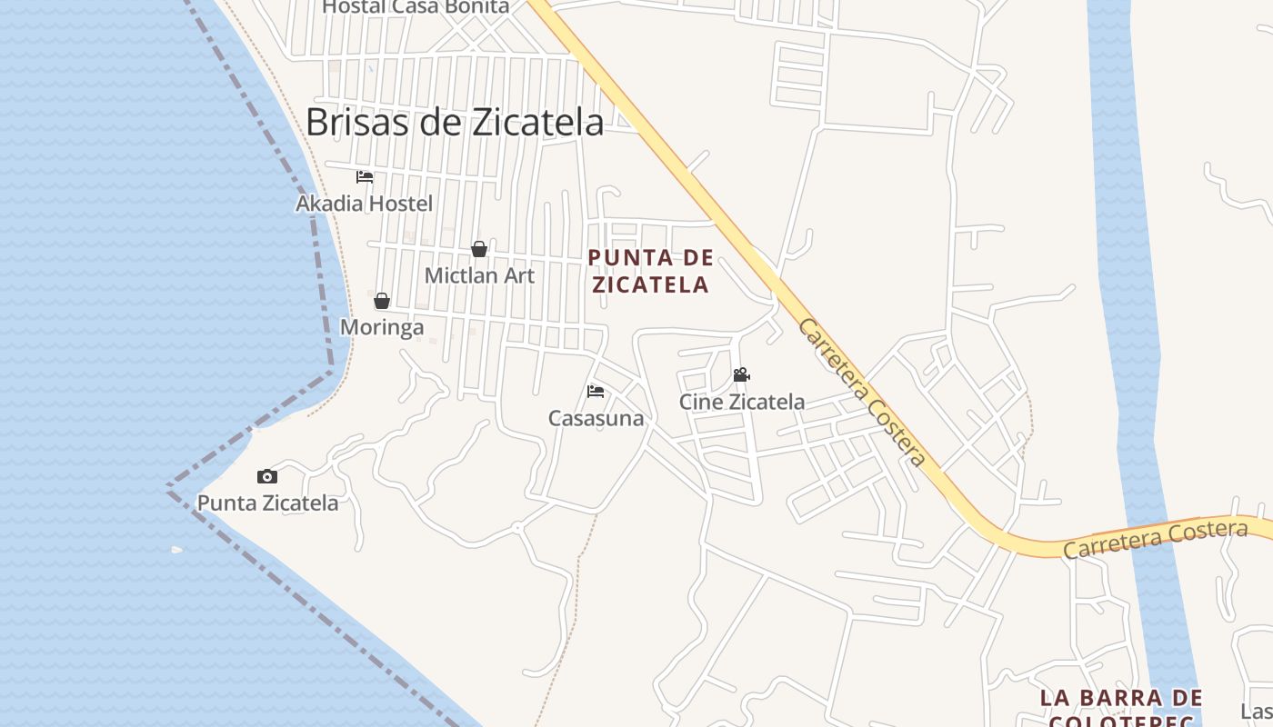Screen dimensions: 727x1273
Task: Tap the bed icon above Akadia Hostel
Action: pyautogui.click(x=365, y=176)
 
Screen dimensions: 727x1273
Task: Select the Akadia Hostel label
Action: pyautogui.click(x=364, y=204)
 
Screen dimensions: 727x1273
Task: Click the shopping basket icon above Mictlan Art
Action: pyautogui.click(x=479, y=249)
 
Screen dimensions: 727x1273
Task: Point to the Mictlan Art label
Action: pyautogui.click(x=479, y=275)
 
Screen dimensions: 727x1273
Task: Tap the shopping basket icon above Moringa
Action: pyautogui.click(x=382, y=301)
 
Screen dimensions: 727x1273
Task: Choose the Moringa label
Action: pyautogui.click(x=382, y=327)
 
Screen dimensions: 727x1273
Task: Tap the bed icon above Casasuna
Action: pyautogui.click(x=596, y=392)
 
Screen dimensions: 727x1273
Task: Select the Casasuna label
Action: pyautogui.click(x=596, y=418)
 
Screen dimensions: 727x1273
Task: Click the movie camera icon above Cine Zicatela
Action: pyautogui.click(x=741, y=374)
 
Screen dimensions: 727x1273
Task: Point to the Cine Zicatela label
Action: pyautogui.click(x=741, y=401)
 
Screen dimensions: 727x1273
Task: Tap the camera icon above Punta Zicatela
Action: pyautogui.click(x=266, y=476)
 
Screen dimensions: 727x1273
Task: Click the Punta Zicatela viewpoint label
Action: pyautogui.click(x=267, y=503)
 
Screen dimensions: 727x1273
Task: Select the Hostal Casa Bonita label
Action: pyautogui.click(x=416, y=7)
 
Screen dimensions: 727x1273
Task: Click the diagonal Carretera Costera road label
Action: pyautogui.click(x=860, y=392)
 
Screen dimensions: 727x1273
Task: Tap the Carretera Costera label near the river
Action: pyautogui.click(x=1155, y=539)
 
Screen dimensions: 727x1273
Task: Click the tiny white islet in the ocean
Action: pyautogui.click(x=176, y=549)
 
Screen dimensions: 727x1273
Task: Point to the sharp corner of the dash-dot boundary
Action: pyautogui.click(x=168, y=487)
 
